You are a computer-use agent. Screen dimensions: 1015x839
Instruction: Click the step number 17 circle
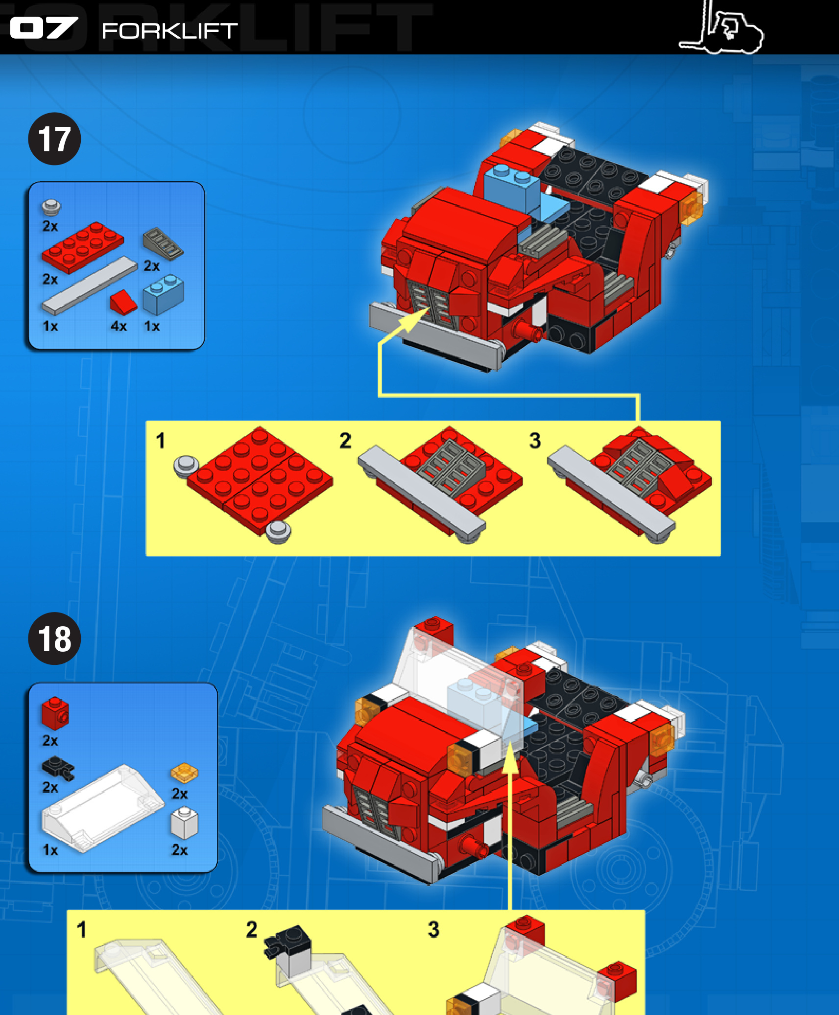(54, 139)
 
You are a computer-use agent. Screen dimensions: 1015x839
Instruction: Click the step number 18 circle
(54, 638)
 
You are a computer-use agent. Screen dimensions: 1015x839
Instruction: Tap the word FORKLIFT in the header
(169, 31)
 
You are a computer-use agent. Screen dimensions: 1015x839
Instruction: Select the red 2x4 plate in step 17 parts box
(82, 247)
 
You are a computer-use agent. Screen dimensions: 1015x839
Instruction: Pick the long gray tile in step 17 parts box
(89, 285)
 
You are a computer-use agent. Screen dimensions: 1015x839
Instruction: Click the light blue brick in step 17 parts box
(163, 295)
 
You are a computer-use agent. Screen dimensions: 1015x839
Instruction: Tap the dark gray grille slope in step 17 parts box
(163, 243)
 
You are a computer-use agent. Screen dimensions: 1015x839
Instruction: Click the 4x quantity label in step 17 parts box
(119, 326)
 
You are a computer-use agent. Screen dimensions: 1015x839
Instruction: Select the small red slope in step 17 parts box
(123, 302)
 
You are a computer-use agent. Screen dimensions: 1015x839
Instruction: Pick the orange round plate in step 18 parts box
(184, 773)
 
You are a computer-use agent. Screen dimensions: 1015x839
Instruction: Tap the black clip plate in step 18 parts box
(58, 767)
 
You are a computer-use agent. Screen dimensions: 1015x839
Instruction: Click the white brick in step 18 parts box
(184, 824)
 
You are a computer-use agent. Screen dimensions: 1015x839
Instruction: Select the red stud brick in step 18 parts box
(55, 713)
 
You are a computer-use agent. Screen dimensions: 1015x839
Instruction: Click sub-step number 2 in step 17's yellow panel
(345, 440)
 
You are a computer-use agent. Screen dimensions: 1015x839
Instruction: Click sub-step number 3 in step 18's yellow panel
(433, 929)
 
